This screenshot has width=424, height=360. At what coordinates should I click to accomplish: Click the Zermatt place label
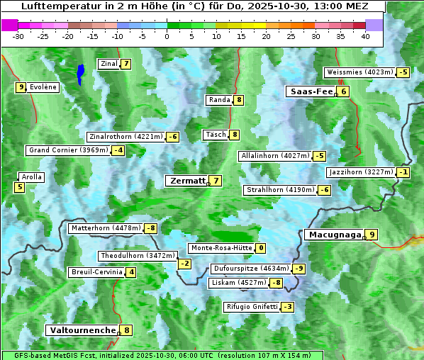coord(186,181)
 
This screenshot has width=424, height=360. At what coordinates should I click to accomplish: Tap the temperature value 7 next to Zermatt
coord(216,181)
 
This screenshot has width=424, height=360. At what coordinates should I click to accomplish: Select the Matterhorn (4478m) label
coord(105,228)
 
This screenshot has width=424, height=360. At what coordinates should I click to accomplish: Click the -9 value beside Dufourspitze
coord(299,269)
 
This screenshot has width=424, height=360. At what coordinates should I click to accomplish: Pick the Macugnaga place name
coord(333,235)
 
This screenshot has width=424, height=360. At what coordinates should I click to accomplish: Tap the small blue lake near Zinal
coord(81,73)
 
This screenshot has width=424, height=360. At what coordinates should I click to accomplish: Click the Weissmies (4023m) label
coord(359,72)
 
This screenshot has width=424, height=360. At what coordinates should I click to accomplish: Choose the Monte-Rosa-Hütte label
coord(221,248)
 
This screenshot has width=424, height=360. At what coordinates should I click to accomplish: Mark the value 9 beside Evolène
coord(21,87)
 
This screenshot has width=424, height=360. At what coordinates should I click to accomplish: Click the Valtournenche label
coord(82,330)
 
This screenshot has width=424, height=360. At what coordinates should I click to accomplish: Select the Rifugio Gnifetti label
coord(252,307)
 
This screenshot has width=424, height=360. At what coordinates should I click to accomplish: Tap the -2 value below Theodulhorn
coord(184,264)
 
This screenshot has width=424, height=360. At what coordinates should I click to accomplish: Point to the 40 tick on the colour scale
coord(365,36)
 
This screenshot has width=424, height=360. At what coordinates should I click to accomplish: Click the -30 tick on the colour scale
coord(18,36)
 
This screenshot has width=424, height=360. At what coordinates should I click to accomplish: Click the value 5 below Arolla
coord(19,187)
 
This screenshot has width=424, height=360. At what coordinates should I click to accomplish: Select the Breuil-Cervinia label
coord(96,272)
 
